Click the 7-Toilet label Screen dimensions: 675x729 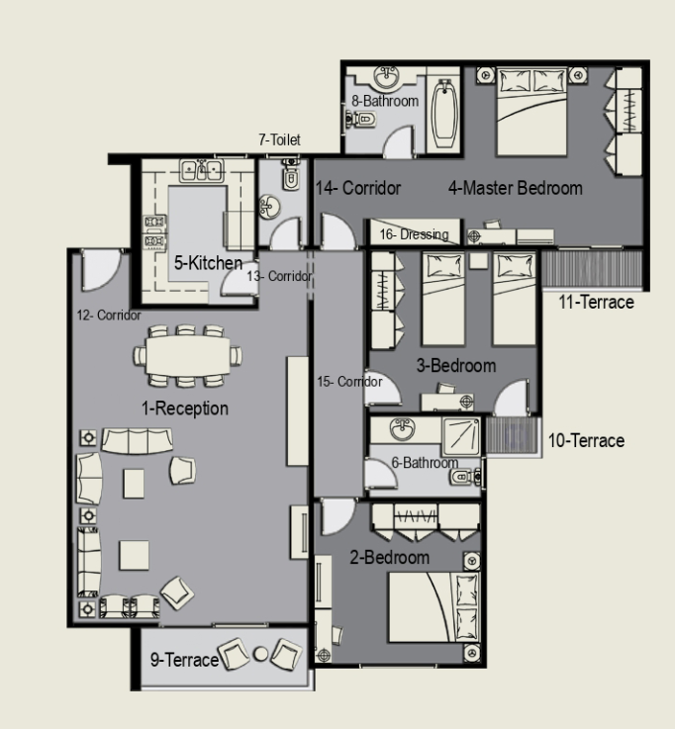pyautogui.click(x=279, y=139)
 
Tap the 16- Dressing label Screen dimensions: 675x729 pyautogui.click(x=414, y=234)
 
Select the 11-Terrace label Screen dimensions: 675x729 pyautogui.click(x=596, y=303)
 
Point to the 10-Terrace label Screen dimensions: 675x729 pyautogui.click(x=586, y=440)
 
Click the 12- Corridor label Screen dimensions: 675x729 pyautogui.click(x=109, y=316)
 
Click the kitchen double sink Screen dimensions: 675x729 pyautogui.click(x=202, y=170)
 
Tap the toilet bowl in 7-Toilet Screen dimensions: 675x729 pyautogui.click(x=291, y=177)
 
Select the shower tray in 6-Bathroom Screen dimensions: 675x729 pyautogui.click(x=461, y=436)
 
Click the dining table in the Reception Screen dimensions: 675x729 pyautogui.click(x=187, y=355)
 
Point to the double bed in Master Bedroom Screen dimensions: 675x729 pyautogui.click(x=531, y=112)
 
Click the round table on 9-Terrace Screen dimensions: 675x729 pyautogui.click(x=260, y=654)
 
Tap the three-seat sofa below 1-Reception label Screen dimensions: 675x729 pyautogui.click(x=137, y=441)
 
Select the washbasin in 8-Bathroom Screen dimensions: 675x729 pyautogui.click(x=386, y=77)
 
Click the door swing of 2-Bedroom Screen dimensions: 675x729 pyautogui.click(x=338, y=516)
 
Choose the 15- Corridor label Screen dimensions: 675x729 pyautogui.click(x=349, y=382)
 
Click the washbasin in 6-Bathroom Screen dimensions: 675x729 pyautogui.click(x=403, y=428)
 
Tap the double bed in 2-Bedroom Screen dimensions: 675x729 pyautogui.click(x=434, y=607)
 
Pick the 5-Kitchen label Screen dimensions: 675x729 pyautogui.click(x=208, y=263)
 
